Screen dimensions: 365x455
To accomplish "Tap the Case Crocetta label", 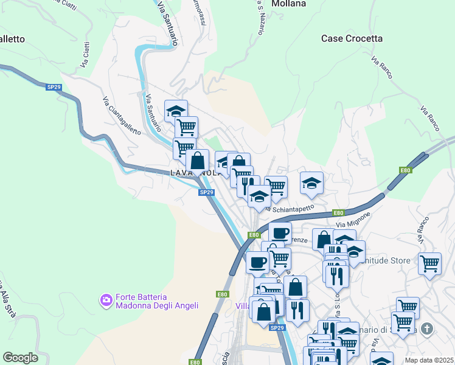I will pos(352,38).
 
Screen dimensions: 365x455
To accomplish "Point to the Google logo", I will pos(20,358).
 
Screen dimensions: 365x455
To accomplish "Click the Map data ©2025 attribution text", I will pos(429,360).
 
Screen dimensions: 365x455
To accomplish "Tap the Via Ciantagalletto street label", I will pos(122,116).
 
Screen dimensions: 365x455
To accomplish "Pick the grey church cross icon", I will pos(427,330).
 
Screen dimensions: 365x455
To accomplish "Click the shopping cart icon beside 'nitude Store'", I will pos(429,263).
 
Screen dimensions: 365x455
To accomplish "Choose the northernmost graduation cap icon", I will pos(176,110).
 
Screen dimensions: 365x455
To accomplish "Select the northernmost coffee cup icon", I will pos(280,232).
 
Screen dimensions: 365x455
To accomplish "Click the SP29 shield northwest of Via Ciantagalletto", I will pos(54,88).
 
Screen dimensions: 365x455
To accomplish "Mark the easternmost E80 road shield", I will pos(405,171).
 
